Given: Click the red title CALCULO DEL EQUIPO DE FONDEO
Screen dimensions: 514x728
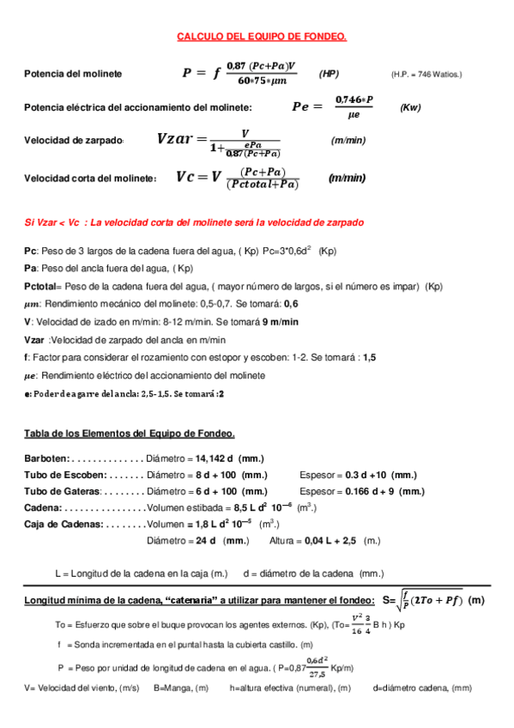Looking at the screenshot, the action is [x=261, y=37].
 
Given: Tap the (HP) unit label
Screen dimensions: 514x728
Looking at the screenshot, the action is [x=329, y=74].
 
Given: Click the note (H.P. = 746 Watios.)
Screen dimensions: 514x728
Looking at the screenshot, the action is [x=426, y=75].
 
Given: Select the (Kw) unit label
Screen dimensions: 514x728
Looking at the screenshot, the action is [x=411, y=107].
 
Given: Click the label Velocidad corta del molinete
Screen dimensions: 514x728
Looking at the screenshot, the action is [x=90, y=179].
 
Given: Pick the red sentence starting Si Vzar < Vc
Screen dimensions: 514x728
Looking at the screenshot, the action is [x=194, y=222].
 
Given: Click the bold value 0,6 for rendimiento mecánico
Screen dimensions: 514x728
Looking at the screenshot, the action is [x=291, y=304].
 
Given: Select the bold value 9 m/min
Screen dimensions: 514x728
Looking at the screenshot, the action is [x=281, y=321].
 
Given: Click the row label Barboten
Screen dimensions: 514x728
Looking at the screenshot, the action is [x=48, y=459].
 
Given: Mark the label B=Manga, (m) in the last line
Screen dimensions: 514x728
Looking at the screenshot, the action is [x=181, y=688].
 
